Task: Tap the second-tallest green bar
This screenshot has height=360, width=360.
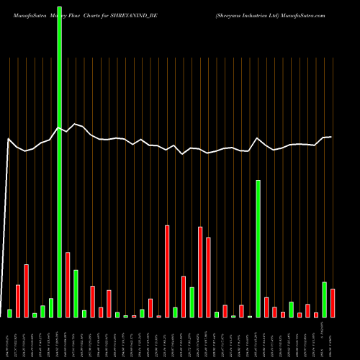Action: click(x=258, y=249)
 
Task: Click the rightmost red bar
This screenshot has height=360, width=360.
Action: click(x=333, y=303)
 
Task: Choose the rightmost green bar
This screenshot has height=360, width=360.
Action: click(x=324, y=300)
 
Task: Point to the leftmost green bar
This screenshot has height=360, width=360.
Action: click(x=10, y=313)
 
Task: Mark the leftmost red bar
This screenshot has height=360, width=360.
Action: click(x=18, y=301)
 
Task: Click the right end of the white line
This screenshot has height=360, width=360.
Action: click(x=331, y=137)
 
